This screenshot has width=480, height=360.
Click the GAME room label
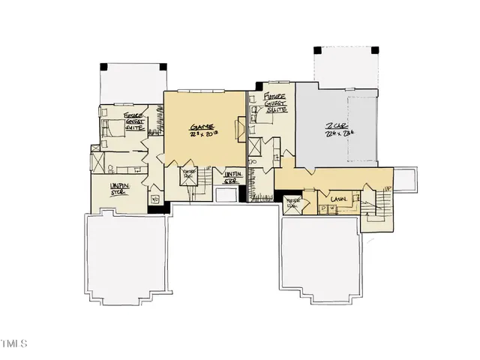pyautogui.click(x=202, y=127)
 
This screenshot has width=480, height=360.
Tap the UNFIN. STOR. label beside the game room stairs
pyautogui.click(x=233, y=178)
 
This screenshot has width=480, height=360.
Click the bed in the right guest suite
pyautogui.click(x=262, y=112)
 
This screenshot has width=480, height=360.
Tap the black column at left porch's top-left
pyautogui.click(x=104, y=66)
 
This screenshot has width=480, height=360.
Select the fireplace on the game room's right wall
pyautogui.click(x=241, y=132)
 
